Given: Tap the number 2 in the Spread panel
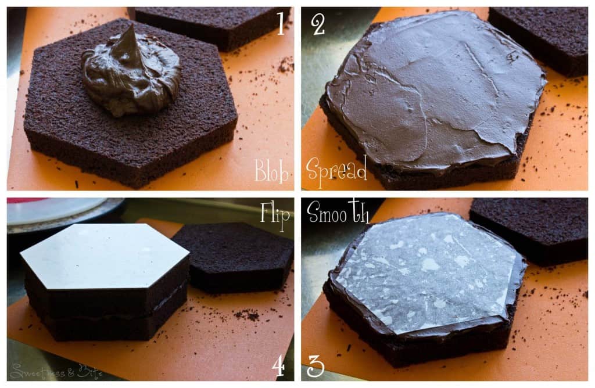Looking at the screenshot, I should tap(317, 24).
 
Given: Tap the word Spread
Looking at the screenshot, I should tap(336, 169).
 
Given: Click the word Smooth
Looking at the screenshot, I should tap(338, 213).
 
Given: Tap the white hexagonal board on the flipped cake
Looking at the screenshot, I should tap(105, 256).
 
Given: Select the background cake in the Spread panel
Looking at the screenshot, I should tap(540, 35).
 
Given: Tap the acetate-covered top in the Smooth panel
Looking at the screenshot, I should tap(424, 273).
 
